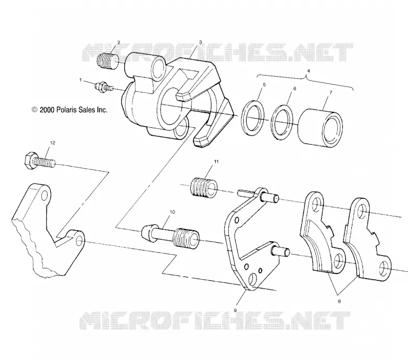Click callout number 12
[53, 143]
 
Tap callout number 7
[331, 92]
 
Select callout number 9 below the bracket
[235, 310]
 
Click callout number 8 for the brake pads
[339, 302]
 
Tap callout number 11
[216, 161]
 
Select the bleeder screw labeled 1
[104, 87]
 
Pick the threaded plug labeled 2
[108, 62]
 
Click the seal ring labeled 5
[253, 118]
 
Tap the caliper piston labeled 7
[320, 128]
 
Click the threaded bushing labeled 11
[203, 188]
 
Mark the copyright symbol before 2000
[34, 110]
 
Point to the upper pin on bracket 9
[269, 197]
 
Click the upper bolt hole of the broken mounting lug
[44, 196]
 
